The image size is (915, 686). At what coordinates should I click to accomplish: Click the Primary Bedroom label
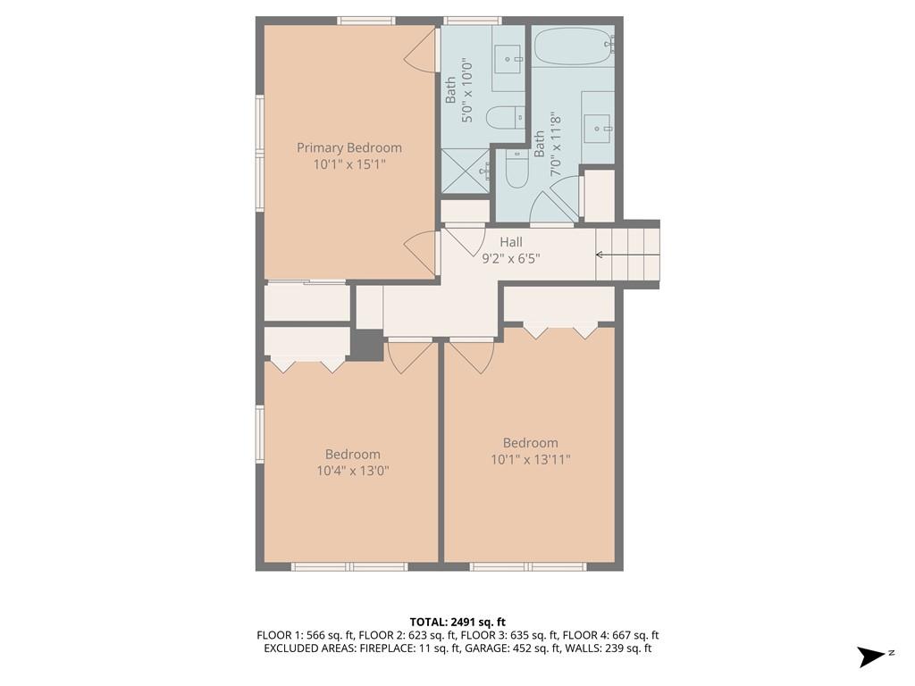[349, 147]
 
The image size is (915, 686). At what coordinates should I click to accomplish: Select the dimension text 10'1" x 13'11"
[530, 459]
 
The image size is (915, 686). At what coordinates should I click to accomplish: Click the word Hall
[511, 242]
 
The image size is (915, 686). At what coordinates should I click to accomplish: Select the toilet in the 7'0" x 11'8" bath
[517, 170]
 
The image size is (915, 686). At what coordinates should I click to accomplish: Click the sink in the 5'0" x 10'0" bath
[510, 60]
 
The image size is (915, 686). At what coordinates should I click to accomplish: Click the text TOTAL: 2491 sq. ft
[457, 622]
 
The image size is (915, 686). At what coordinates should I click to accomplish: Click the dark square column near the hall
[365, 345]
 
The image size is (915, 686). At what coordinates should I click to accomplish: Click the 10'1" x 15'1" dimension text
[349, 164]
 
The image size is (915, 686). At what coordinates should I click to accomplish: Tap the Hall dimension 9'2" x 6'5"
[511, 259]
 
